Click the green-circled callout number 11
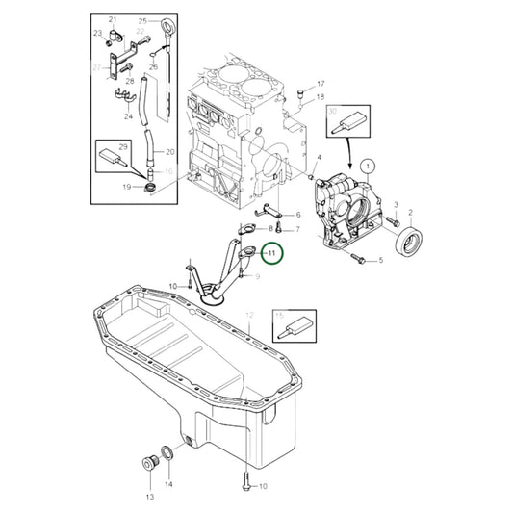click(271, 253)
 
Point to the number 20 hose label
click(168, 152)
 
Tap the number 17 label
click(321, 84)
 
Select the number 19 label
click(126, 187)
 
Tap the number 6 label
click(298, 214)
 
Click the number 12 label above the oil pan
click(249, 315)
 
